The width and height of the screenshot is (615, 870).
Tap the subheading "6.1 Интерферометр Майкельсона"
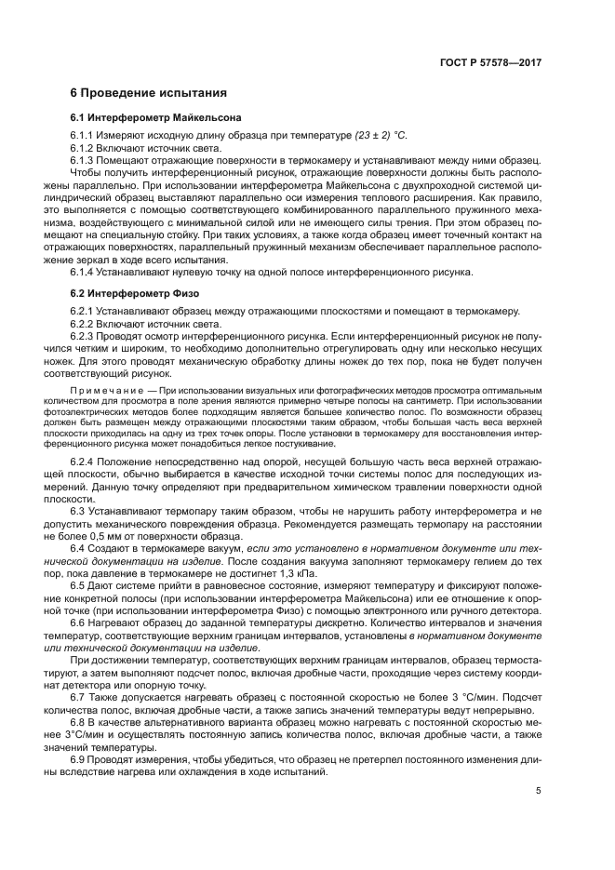(x=155, y=118)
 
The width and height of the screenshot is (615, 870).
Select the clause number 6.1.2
(x=83, y=148)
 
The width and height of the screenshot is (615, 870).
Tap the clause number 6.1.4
(x=83, y=272)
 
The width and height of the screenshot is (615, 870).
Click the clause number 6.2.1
(x=83, y=311)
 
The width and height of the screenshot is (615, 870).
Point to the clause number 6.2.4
(x=83, y=462)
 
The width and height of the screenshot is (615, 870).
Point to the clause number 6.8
(x=78, y=721)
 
